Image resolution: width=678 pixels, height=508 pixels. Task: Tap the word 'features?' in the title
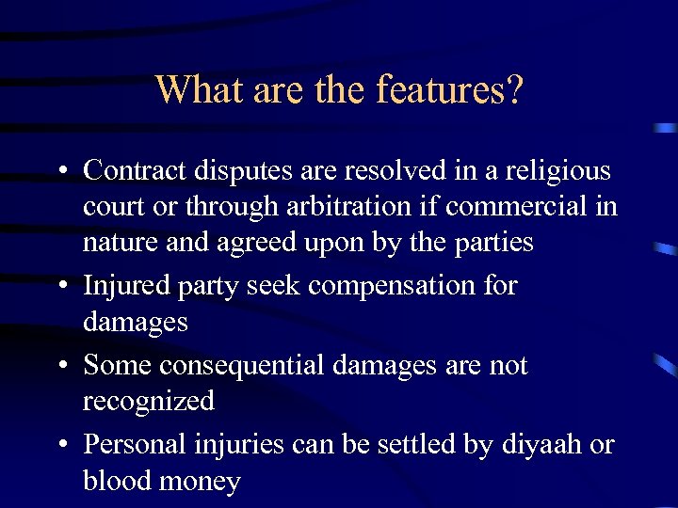pyautogui.click(x=449, y=90)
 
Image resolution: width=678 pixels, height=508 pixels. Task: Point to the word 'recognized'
pyautogui.click(x=149, y=402)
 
